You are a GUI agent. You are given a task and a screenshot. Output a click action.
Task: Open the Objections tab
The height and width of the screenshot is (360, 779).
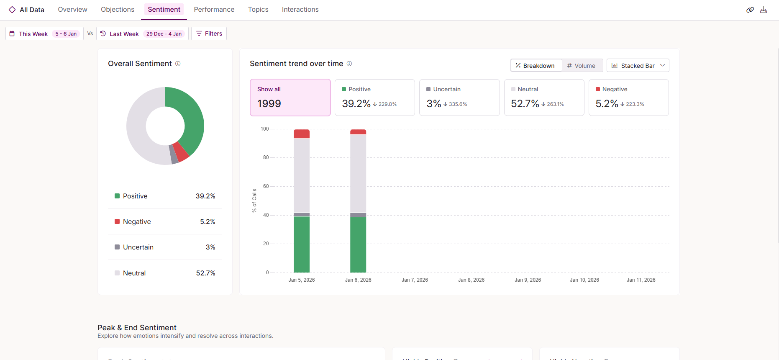pos(118,9)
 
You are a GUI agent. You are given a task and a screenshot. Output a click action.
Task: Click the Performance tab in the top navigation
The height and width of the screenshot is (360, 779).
pos(214,9)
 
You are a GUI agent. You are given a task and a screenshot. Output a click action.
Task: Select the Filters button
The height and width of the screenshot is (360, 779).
pos(209,33)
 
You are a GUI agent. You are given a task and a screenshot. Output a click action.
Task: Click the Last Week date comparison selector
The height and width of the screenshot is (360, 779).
pos(142,33)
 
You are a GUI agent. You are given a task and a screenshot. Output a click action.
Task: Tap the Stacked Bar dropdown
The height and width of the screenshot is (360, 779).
pos(638,66)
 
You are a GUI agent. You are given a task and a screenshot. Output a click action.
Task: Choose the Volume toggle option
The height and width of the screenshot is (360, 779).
pos(582,66)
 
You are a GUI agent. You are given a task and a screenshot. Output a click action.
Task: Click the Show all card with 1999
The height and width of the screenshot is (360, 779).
pos(290,98)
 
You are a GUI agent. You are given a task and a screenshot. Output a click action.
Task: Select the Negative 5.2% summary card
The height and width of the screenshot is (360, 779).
pos(628,98)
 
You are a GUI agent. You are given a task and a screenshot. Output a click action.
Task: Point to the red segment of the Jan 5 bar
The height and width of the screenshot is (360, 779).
pos(302,134)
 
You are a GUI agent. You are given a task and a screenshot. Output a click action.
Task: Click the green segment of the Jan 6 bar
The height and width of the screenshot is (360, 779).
pos(358,244)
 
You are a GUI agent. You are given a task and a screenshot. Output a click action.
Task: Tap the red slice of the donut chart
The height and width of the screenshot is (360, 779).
pos(181,152)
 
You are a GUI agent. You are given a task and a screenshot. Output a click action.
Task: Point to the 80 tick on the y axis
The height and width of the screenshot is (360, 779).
pos(266,157)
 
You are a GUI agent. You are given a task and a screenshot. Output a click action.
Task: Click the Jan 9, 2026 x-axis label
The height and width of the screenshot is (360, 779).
pos(528,280)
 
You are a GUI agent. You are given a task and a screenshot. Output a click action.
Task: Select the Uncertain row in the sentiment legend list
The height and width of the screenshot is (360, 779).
pos(165,247)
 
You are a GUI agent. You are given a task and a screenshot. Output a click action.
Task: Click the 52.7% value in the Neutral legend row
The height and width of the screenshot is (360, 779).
pos(205,273)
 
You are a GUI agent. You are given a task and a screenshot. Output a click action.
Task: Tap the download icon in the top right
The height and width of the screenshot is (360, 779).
pos(764,10)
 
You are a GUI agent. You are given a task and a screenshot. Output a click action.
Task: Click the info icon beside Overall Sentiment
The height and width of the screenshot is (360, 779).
pos(178,64)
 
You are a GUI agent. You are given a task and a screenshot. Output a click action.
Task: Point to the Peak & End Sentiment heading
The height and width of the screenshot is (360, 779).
pos(137,328)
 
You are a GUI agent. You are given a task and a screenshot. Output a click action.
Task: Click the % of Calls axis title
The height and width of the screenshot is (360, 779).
pos(254,201)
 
